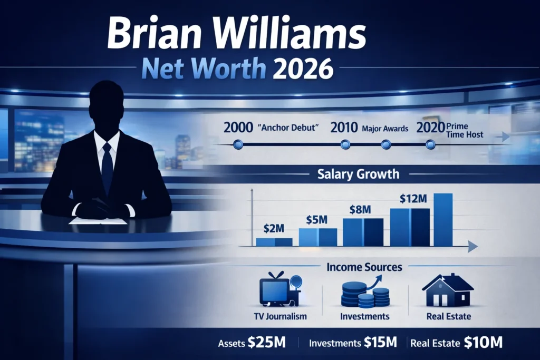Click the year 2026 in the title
(x=303, y=69)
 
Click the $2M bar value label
(x=274, y=230)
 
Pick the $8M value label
(x=361, y=209)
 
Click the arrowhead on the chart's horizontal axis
(x=472, y=247)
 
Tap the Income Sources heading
(x=364, y=267)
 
